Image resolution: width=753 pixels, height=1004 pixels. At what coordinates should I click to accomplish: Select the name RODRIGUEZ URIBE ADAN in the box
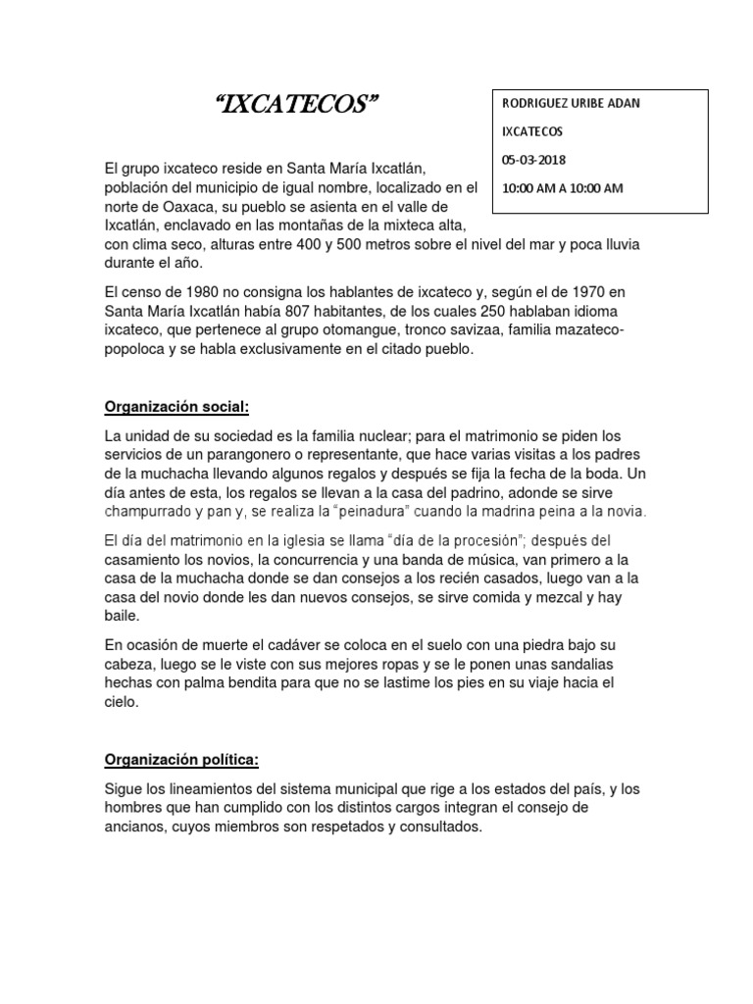click(x=572, y=104)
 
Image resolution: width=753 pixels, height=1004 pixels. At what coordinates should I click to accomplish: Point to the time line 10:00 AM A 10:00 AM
click(x=562, y=187)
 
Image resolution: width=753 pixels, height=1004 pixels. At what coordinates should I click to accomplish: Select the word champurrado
click(x=152, y=512)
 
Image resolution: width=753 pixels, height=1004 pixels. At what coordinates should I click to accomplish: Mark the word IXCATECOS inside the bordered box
click(x=533, y=130)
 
